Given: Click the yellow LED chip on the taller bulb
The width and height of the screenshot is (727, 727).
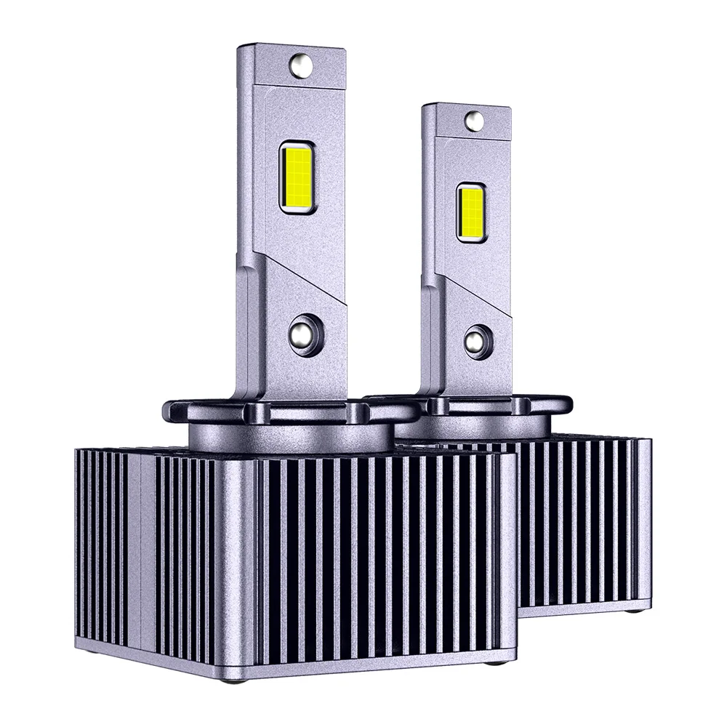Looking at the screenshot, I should point(296,177).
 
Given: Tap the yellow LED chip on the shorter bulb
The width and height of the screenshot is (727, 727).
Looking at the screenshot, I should point(470,212).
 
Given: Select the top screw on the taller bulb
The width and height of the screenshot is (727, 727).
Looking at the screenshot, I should point(301,65).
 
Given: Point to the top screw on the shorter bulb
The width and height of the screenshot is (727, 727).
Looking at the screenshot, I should point(474,121).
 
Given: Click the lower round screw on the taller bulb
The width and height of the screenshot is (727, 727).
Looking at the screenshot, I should point(304,334).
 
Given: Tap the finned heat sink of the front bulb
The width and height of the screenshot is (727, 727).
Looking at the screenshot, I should point(327,553).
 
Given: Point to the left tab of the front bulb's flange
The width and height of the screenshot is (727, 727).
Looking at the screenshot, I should point(174,411).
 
